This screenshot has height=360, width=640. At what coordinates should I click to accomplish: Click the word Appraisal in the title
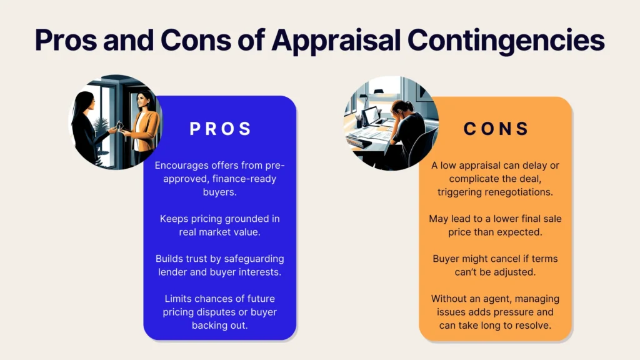click(336, 41)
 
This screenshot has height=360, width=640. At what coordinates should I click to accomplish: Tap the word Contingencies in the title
click(506, 41)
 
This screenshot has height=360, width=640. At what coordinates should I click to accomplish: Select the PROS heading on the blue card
click(221, 129)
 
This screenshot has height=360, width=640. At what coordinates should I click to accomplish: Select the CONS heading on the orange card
click(496, 129)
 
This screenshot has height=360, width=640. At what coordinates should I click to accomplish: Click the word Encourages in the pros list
click(182, 165)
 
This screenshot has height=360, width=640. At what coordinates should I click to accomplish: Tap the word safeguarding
click(254, 259)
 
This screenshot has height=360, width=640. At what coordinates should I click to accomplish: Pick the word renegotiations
click(514, 192)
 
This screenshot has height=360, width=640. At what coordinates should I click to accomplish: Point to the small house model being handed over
click(119, 126)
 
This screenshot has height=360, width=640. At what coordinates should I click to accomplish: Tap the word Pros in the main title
click(66, 41)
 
